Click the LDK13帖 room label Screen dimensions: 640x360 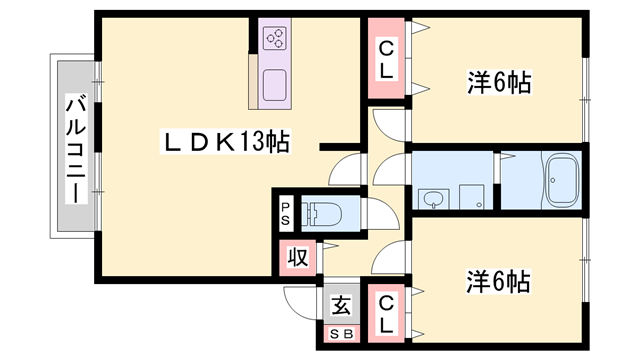point(225,142)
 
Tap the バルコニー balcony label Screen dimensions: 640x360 point(77,149)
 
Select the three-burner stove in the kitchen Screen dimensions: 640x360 point(274,38)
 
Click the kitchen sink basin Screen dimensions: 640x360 point(274,85)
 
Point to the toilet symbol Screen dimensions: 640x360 point(322,213)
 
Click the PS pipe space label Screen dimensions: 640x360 point(285,214)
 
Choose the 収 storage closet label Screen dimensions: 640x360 point(298,258)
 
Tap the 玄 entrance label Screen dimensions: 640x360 point(341,305)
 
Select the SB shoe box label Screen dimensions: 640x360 point(341,334)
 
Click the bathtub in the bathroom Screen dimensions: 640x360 point(563,180)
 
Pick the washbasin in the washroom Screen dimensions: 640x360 point(433,199)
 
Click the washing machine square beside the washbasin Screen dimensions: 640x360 point(471,197)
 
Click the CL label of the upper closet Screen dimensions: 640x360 point(386,60)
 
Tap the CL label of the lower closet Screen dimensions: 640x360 point(386,314)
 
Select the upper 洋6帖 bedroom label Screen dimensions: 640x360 point(499,82)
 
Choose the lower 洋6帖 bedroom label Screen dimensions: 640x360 point(498,282)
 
